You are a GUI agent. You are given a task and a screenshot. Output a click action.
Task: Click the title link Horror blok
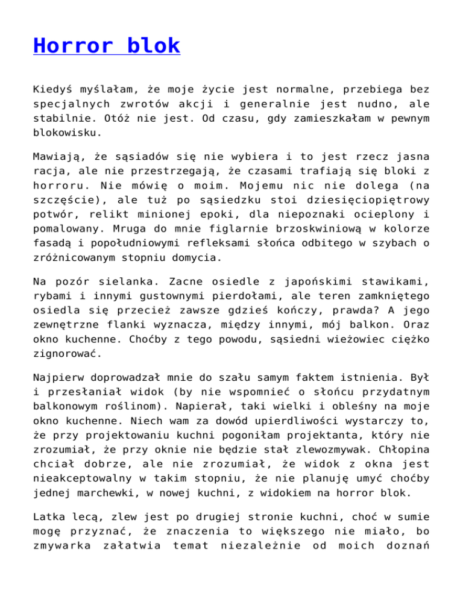coord(107,45)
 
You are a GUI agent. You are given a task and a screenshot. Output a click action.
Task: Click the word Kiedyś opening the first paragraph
coord(52,89)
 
